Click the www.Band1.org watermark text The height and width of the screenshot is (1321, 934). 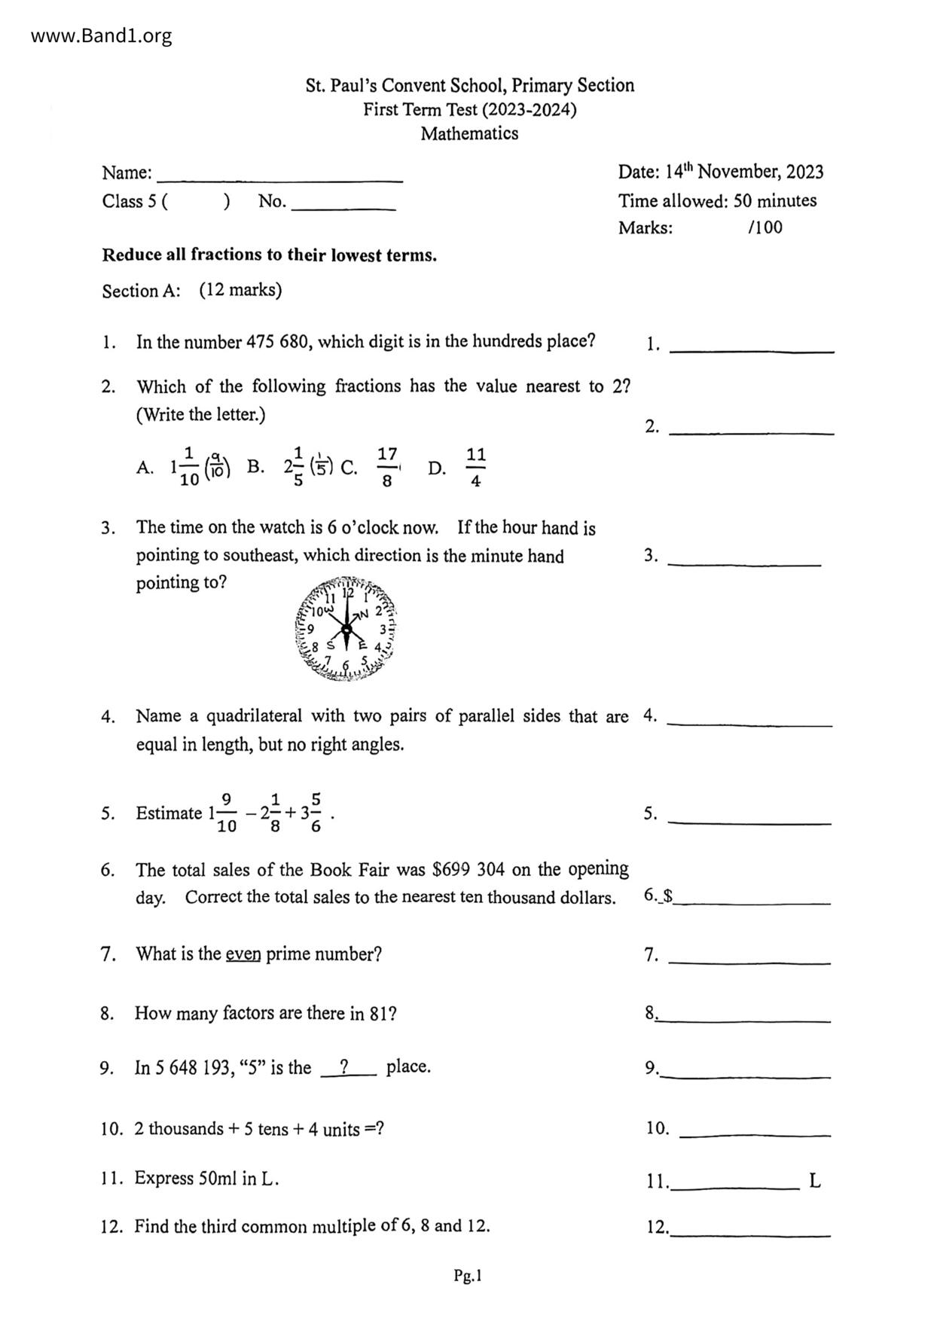point(101,35)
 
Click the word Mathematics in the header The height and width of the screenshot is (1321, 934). point(469,134)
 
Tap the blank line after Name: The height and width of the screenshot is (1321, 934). point(279,175)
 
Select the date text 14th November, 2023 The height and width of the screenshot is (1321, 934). point(744,172)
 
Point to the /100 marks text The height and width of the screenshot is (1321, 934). point(765,227)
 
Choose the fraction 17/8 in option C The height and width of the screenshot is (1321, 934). point(386,467)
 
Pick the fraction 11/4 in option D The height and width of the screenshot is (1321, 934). point(475,467)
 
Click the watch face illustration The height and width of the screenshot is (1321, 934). point(346,630)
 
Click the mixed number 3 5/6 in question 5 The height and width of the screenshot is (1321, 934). point(311,813)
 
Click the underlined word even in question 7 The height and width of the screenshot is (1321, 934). point(243,954)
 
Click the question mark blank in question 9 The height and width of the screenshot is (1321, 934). point(347,1067)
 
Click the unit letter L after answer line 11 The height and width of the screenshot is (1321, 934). point(815,1180)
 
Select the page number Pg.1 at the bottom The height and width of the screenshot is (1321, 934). point(467,1275)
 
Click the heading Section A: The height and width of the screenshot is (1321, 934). point(141,291)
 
